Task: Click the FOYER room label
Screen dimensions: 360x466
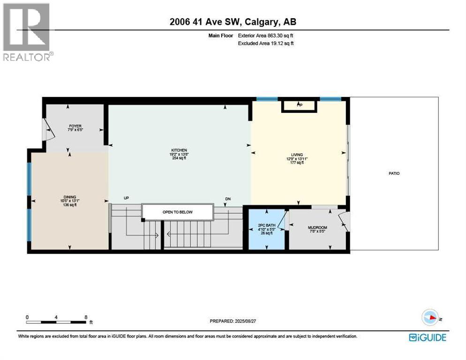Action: [75, 126]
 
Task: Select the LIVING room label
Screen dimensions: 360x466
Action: [296, 155]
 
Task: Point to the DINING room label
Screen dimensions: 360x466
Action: [70, 197]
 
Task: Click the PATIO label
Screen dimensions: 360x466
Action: [394, 173]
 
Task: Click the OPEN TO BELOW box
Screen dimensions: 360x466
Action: [177, 212]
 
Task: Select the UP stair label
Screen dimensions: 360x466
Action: [126, 198]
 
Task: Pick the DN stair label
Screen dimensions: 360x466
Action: [228, 199]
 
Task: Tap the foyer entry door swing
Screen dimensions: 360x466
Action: [48, 129]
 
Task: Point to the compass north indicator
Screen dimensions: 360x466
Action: [430, 318]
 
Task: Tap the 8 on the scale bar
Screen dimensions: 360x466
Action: [85, 317]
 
